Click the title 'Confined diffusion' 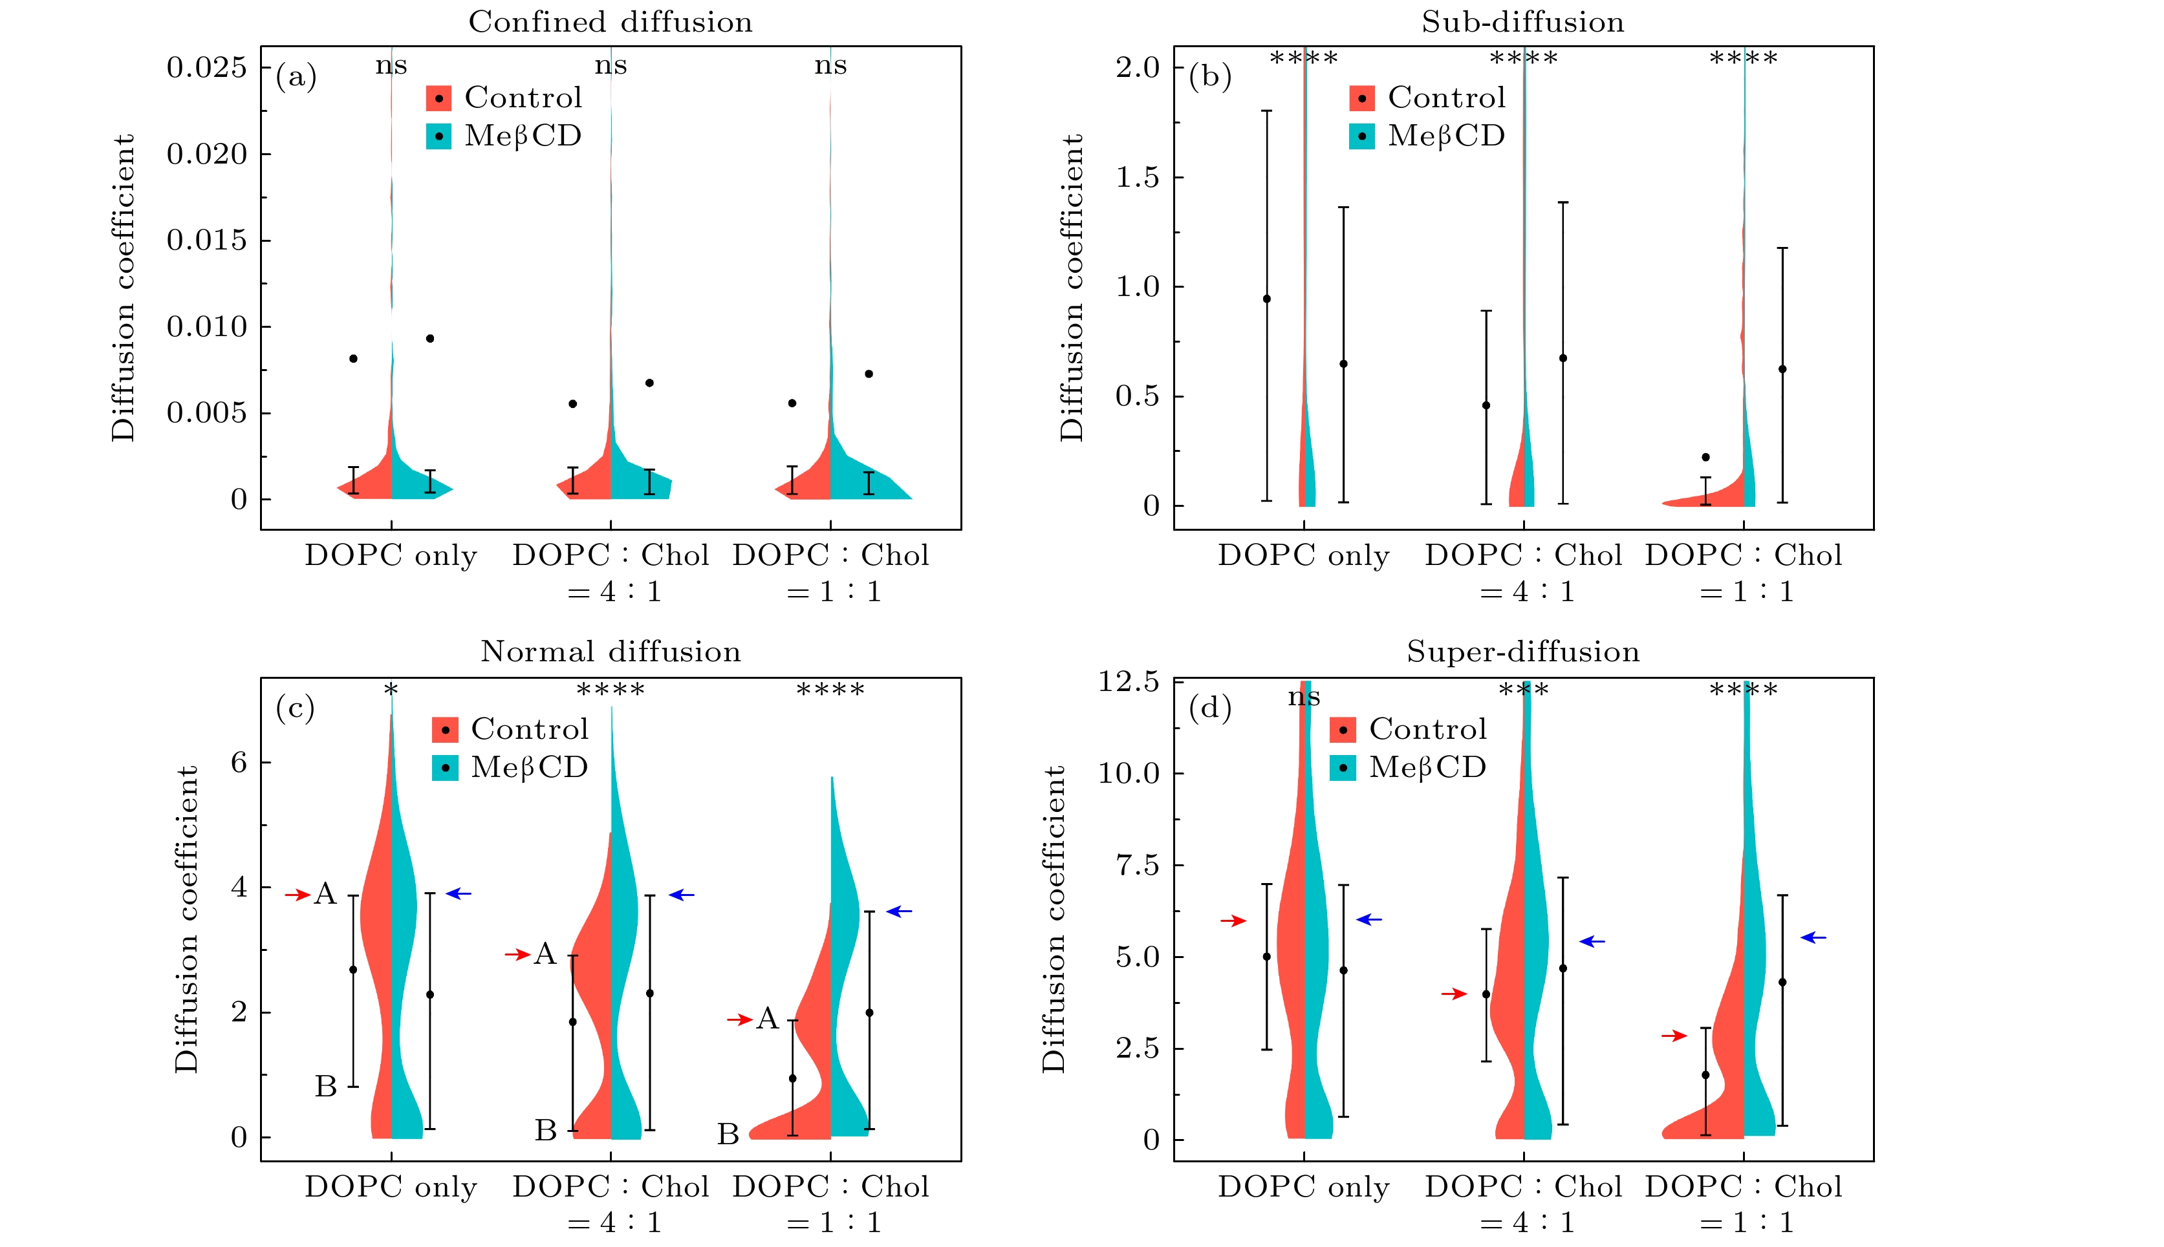(610, 22)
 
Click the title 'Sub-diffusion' (1522, 22)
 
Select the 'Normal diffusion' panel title (610, 652)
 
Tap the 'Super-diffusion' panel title (1522, 652)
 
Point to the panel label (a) (296, 77)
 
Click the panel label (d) (1209, 709)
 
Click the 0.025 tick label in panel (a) (206, 67)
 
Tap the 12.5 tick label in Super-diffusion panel (1129, 682)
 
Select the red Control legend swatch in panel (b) (1361, 98)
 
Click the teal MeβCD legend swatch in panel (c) (446, 768)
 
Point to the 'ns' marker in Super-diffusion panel (1304, 697)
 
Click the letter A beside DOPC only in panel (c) (325, 894)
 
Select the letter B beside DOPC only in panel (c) (325, 1087)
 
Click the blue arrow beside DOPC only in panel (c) (459, 893)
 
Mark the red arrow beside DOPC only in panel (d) (1233, 921)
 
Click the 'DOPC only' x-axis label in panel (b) (1303, 556)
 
